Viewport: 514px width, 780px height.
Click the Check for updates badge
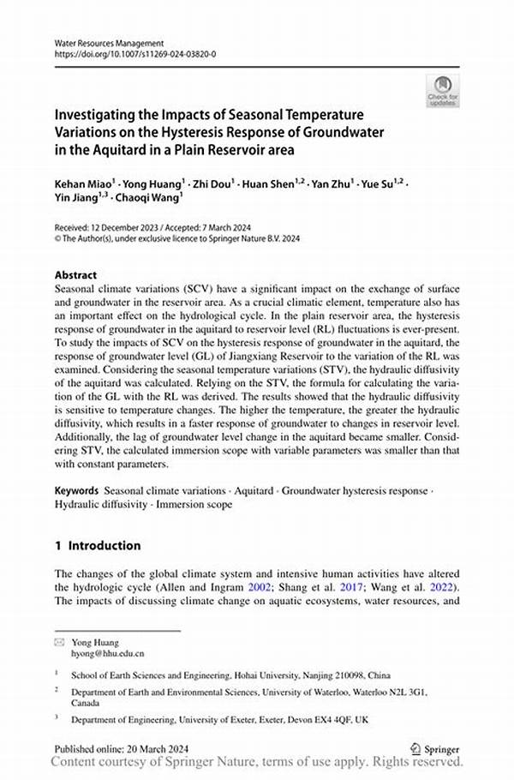(x=442, y=90)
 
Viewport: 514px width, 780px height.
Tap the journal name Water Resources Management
(x=109, y=43)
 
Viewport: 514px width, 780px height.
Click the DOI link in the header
(x=134, y=54)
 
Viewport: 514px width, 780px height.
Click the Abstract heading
(x=75, y=276)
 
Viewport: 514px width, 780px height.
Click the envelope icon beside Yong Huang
(x=59, y=640)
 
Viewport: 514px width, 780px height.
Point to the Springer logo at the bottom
(x=437, y=747)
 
